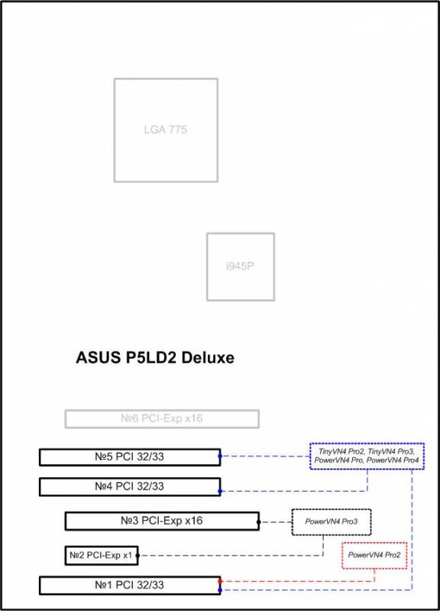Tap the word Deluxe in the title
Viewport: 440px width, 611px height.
pyautogui.click(x=208, y=357)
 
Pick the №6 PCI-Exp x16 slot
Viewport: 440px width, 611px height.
pyautogui.click(x=162, y=419)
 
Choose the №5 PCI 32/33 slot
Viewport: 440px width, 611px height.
pyautogui.click(x=130, y=457)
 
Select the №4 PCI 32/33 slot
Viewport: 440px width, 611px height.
pyautogui.click(x=130, y=487)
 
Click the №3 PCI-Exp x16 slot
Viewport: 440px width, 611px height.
pyautogui.click(x=162, y=521)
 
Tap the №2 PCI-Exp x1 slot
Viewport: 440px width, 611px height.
pyautogui.click(x=102, y=555)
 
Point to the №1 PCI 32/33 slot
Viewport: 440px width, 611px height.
pyautogui.click(x=130, y=585)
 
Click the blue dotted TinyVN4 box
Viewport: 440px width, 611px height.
pyautogui.click(x=367, y=456)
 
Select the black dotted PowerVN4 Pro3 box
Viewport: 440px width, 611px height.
pyautogui.click(x=332, y=522)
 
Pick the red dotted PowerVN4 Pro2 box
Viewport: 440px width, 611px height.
pyautogui.click(x=374, y=555)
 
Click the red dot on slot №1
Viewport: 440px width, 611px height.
pyautogui.click(x=220, y=581)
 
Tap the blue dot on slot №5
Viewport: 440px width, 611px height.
pyautogui.click(x=220, y=456)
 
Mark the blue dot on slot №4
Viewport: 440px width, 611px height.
pyautogui.click(x=220, y=491)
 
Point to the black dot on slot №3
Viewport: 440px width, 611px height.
pyautogui.click(x=259, y=522)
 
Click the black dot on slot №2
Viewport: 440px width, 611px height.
pyautogui.click(x=137, y=555)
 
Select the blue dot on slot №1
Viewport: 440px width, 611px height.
pyautogui.click(x=220, y=590)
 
